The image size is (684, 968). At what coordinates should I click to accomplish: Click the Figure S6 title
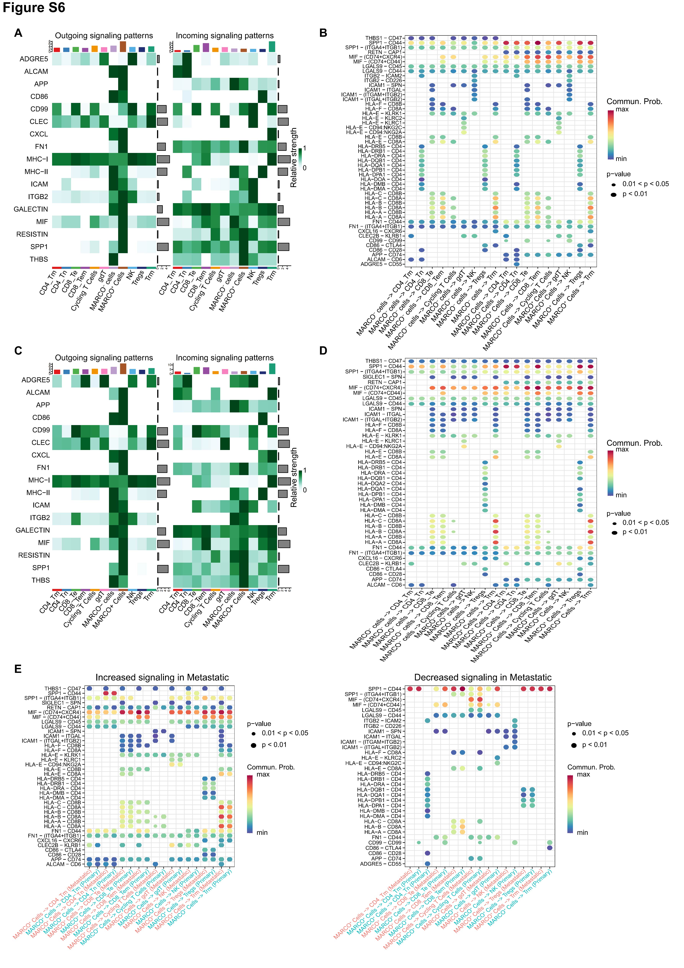point(34,8)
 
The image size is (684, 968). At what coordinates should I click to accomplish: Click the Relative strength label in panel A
point(294,158)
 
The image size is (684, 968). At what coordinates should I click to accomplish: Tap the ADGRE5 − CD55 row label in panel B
point(381,264)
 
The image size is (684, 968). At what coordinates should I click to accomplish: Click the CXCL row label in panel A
point(39,134)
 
